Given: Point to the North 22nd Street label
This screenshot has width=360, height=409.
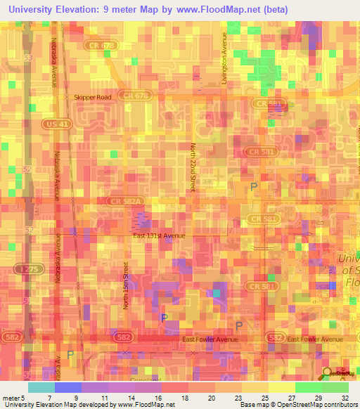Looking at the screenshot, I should [x=193, y=167].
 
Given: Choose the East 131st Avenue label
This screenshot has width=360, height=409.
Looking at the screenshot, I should [x=160, y=235].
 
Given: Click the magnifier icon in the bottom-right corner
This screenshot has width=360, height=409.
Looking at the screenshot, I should [x=328, y=372].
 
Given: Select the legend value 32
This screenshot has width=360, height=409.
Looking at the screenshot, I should [x=345, y=397].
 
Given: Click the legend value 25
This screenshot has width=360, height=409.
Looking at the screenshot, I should [x=264, y=397].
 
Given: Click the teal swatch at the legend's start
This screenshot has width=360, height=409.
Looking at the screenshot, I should [x=41, y=387].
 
